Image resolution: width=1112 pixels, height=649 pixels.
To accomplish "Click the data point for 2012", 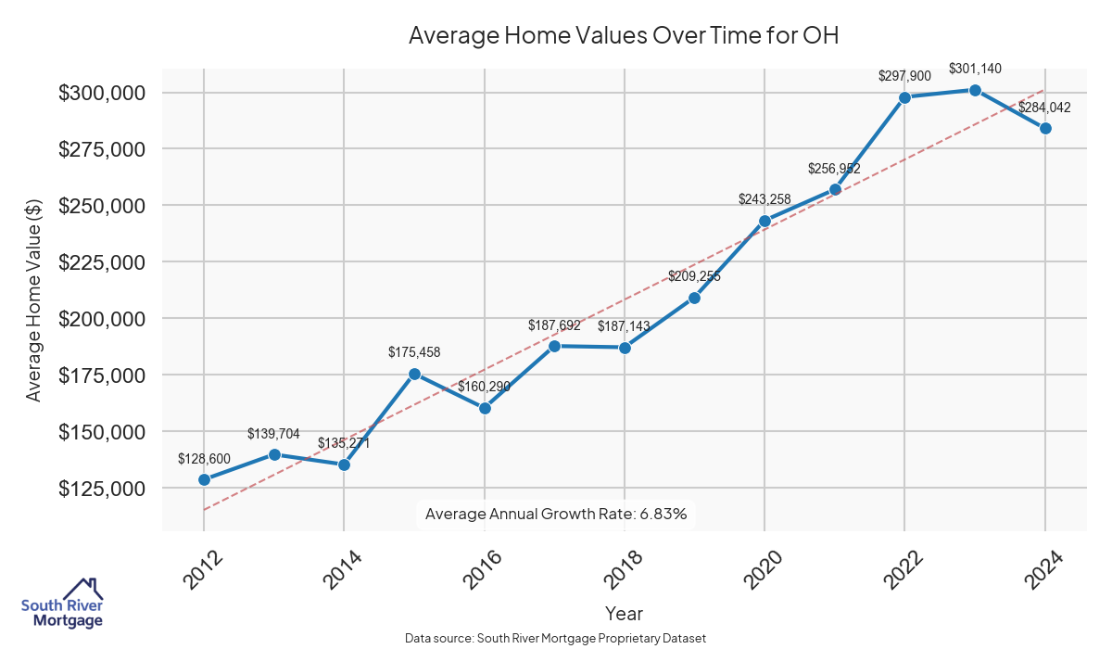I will pos(204,479).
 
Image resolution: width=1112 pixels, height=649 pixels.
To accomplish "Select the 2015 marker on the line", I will pos(414,374).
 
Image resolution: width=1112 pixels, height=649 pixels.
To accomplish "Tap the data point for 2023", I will pos(975,90).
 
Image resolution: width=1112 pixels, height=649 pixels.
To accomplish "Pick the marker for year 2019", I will pos(694,298).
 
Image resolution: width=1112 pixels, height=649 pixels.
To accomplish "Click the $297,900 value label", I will pos(904,76).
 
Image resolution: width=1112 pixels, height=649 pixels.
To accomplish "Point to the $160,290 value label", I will pos(484,387).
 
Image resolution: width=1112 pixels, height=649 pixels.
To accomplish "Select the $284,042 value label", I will pos(1044,108).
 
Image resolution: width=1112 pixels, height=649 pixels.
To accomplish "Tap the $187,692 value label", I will pos(554,325).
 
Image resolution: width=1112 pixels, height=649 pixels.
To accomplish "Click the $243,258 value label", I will pos(764,199).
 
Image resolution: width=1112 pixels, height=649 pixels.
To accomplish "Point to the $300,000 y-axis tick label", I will pos(102,93).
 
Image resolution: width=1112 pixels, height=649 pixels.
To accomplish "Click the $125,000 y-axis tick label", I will pos(102,489).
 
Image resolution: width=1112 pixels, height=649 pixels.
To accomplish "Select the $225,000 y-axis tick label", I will pos(102,262).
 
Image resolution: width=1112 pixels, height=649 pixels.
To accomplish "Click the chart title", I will pos(624,36).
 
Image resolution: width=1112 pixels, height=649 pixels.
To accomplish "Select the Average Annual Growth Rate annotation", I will pos(556,514).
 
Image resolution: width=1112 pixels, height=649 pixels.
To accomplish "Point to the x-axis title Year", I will pos(624,613).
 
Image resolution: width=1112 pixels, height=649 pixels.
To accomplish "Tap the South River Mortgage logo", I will pos(63,604).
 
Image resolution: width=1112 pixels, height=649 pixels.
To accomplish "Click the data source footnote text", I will pos(556,638).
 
